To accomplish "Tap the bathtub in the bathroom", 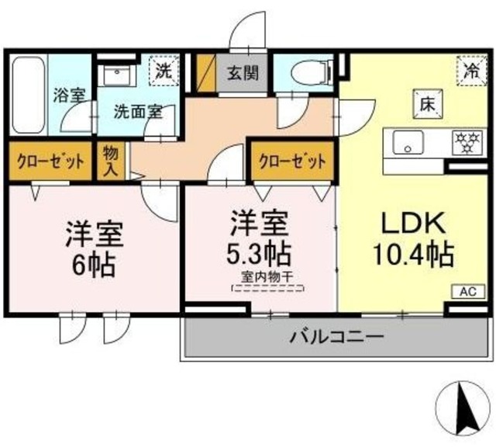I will pos(29,95).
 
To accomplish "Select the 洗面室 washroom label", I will pos(139,111).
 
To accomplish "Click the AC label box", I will pos(467,292).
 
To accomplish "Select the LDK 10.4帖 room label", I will pos(412,238).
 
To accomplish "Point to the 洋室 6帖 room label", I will pos(91,248).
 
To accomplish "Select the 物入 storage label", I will pos(110,161).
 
